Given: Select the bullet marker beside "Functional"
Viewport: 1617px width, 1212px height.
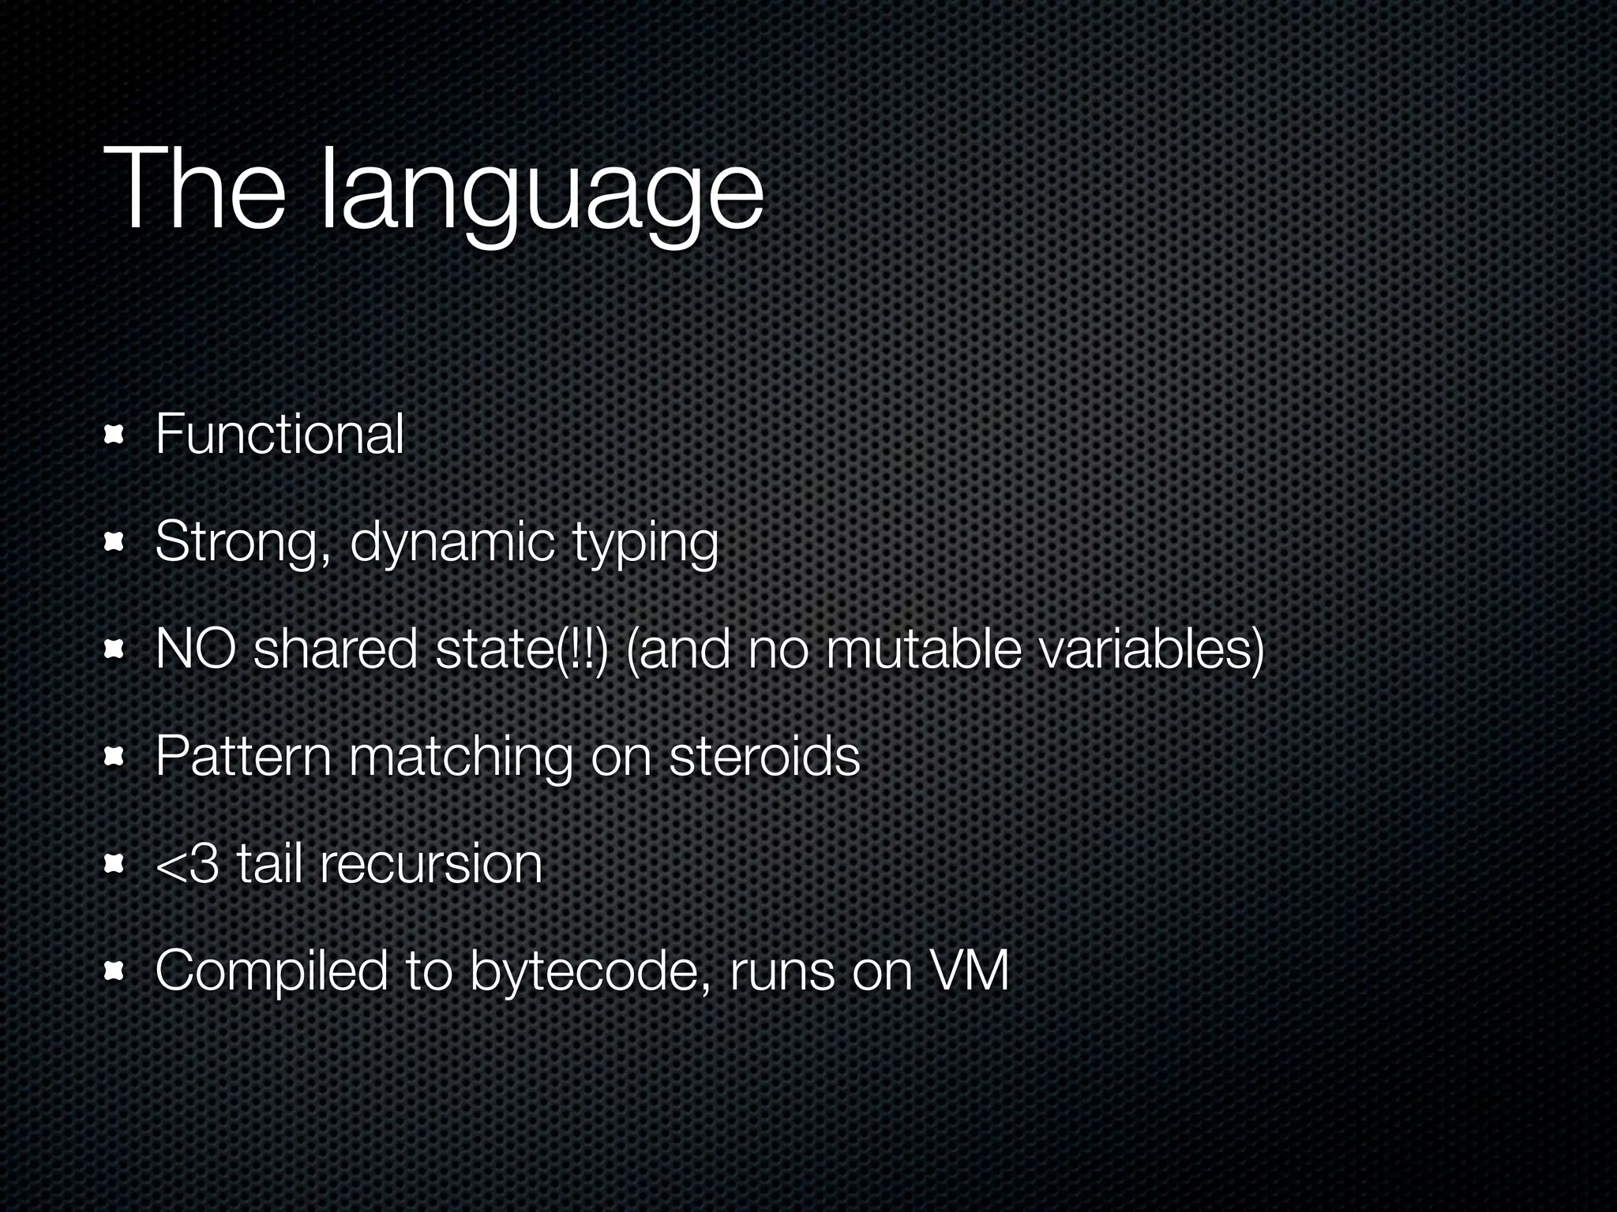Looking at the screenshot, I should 115,434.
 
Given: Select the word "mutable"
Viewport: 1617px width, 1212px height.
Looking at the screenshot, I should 923,649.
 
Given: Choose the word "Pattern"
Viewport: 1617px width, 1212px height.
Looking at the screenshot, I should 242,756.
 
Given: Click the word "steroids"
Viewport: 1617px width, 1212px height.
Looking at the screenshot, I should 763,756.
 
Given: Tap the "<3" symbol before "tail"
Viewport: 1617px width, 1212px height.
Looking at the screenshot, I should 187,863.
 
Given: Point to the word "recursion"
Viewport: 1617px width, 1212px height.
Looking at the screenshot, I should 431,863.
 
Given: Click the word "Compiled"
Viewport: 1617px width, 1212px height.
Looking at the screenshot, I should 271,970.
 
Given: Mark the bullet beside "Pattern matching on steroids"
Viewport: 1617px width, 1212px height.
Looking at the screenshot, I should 115,757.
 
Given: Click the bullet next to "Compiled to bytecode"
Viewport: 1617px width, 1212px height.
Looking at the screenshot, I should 115,971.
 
